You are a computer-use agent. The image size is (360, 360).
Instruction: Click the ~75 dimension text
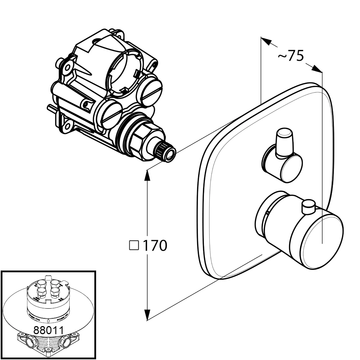click(291, 56)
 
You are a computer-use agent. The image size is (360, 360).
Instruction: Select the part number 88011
click(48, 330)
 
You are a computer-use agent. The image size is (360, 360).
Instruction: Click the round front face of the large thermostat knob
click(323, 242)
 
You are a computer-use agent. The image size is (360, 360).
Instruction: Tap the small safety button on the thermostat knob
click(308, 207)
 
